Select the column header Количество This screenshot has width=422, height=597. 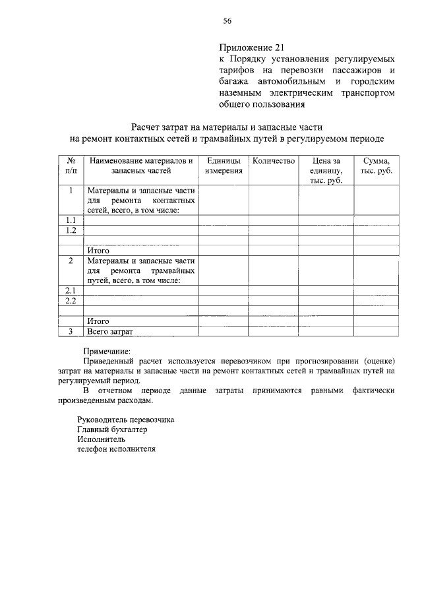[x=273, y=161]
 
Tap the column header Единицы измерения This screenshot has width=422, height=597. [x=224, y=166]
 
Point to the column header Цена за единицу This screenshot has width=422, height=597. [x=326, y=170]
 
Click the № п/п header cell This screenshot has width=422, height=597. [x=71, y=166]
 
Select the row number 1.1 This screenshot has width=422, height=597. [x=71, y=220]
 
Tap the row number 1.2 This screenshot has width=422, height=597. [x=71, y=230]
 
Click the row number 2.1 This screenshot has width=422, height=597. [x=71, y=290]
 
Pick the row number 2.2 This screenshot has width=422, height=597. [x=71, y=301]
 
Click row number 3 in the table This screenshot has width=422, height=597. [x=71, y=331]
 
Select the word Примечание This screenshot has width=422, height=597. [x=107, y=351]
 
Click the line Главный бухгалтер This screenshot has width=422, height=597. [x=112, y=429]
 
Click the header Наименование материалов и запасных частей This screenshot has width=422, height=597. [x=141, y=166]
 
